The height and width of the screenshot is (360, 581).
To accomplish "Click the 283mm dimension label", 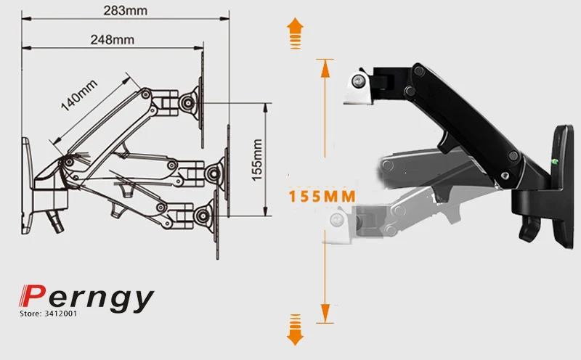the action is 125,10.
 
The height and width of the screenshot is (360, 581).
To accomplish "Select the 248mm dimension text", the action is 113,39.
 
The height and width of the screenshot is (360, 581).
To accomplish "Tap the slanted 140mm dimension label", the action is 79,95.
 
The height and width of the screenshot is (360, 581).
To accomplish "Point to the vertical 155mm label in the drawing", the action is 257,160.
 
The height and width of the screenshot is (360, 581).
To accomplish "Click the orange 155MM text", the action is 322,196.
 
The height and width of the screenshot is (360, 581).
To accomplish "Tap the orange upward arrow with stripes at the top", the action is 295,33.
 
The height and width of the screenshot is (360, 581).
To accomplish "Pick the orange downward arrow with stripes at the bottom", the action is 295,330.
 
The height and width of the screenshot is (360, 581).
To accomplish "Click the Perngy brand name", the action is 86,298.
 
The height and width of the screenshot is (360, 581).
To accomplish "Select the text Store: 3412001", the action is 49,314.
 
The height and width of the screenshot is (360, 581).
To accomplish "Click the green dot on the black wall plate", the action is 555,161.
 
